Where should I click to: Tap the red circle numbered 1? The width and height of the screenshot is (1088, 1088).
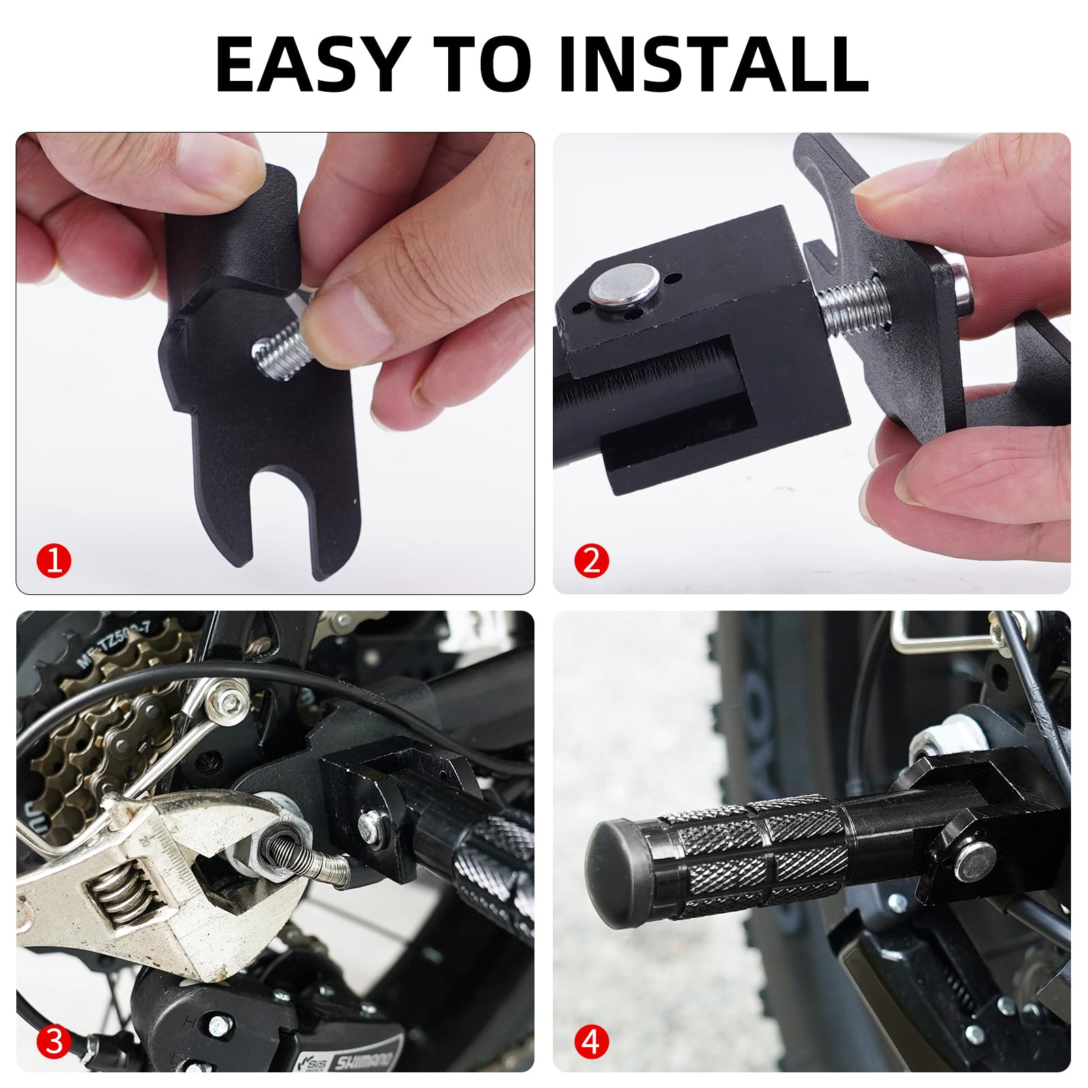[x=54, y=562]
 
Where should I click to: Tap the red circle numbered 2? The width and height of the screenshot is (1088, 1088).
[x=591, y=562]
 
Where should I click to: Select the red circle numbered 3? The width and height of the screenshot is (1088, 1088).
[x=54, y=1041]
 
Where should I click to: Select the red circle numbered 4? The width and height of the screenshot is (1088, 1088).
[x=591, y=1041]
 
